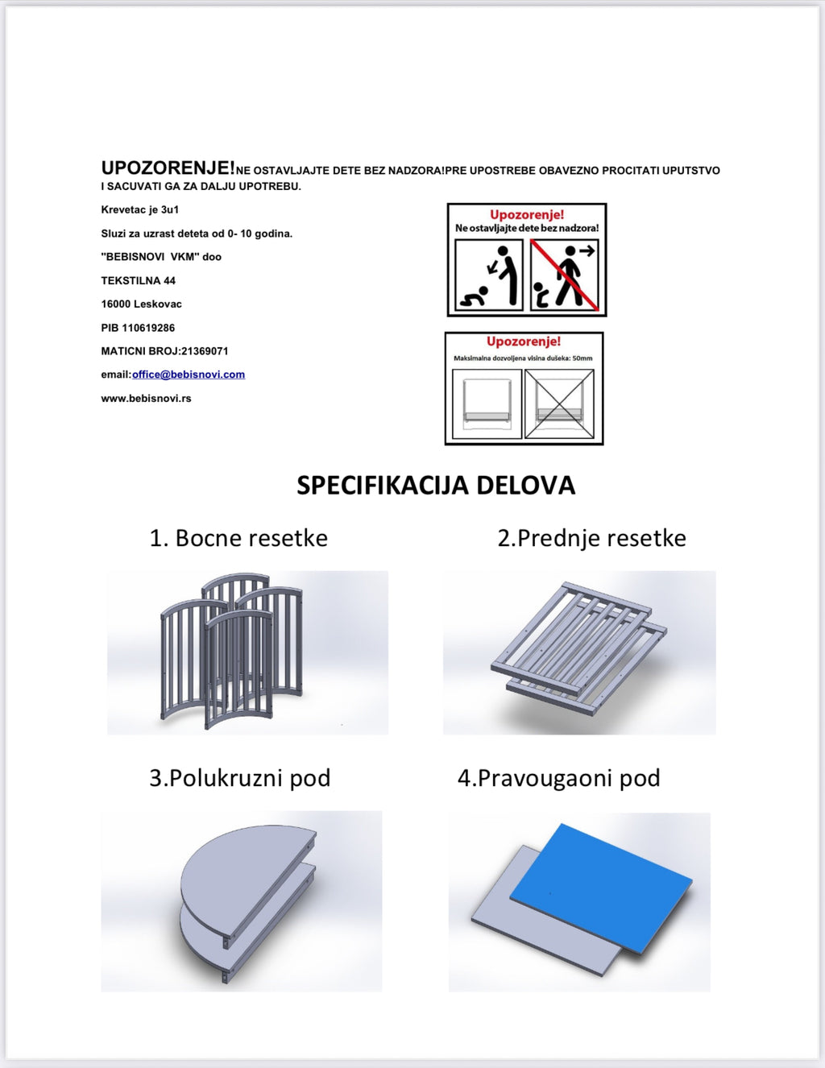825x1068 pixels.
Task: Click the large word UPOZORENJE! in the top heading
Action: [168, 168]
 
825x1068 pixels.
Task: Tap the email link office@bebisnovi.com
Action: [189, 375]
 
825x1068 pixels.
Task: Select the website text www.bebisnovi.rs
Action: [146, 398]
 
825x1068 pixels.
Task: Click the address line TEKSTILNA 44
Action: [138, 280]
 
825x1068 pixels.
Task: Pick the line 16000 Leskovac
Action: [141, 304]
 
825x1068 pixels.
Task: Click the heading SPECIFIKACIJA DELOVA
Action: [436, 485]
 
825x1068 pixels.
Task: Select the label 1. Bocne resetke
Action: [238, 538]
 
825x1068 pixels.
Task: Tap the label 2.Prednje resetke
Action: [591, 538]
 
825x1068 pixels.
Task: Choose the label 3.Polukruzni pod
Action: [239, 778]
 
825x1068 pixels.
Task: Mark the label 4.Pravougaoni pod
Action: [558, 778]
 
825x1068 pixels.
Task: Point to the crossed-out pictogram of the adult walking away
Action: [564, 275]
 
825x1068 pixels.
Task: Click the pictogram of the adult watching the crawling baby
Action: [489, 275]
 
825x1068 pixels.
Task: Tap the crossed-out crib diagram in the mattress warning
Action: [559, 404]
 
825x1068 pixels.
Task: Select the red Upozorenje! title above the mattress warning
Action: [524, 342]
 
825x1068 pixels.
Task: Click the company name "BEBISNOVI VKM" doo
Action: [161, 257]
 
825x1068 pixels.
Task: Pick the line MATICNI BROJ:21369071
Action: [164, 351]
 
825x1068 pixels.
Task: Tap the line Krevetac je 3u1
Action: [140, 209]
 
